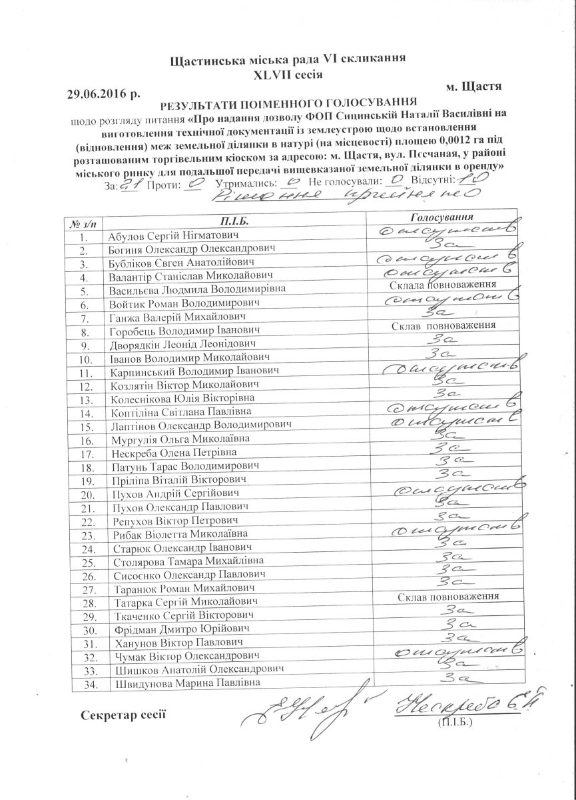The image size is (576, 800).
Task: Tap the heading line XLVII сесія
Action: pos(288,74)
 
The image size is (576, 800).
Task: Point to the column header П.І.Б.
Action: pos(236,220)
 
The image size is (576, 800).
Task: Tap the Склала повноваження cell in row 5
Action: pos(442,285)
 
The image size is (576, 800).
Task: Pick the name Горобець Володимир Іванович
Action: pos(183,331)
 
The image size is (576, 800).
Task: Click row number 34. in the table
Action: pos(84,685)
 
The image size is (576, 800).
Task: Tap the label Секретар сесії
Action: pos(123,716)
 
